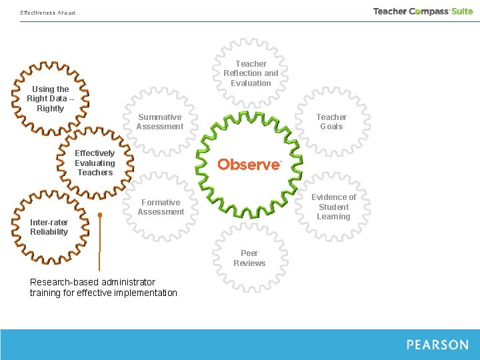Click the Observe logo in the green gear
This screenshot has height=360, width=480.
pos(249,164)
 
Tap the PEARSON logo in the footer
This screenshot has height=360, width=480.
pos(437,345)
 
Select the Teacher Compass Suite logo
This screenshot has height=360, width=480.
pos(423,11)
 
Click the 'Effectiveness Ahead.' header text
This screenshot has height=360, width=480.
pos(48,13)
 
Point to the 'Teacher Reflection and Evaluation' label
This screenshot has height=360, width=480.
pos(251,73)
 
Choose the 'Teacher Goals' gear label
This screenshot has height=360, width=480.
pos(331,121)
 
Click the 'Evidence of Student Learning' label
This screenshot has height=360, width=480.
pos(333,207)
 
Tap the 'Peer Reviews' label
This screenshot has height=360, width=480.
pos(249,258)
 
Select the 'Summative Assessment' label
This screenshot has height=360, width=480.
pos(160,121)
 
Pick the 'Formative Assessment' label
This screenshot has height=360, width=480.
pos(161,207)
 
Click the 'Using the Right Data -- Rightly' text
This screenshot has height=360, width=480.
pos(51,99)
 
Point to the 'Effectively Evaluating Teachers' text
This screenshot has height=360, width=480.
pos(95,163)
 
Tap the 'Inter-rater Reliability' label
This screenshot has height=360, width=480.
pos(49,227)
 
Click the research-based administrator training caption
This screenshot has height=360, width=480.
pos(103,287)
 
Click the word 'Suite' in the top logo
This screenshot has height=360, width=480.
pos(461,11)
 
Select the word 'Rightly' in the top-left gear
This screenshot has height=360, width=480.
pos(51,109)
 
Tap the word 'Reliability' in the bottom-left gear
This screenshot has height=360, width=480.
pos(49,232)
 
